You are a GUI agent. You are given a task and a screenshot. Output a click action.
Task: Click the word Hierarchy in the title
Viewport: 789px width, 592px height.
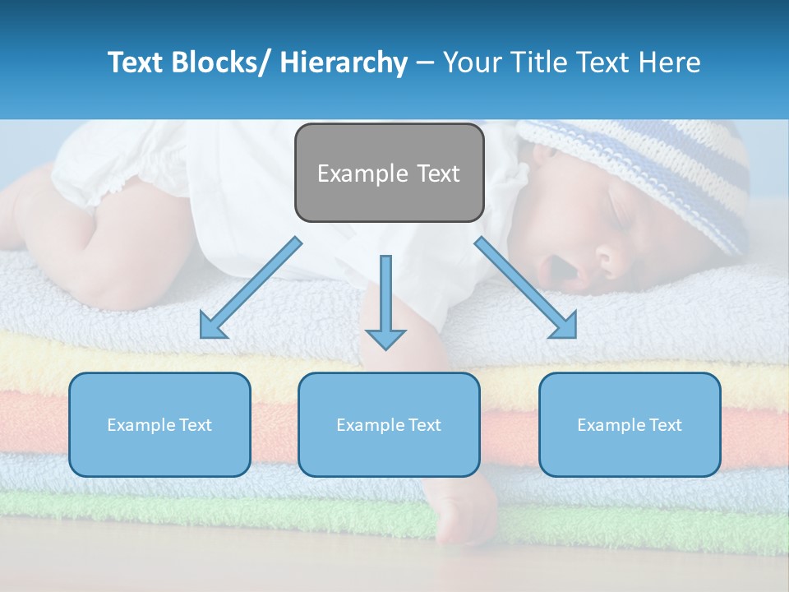(x=344, y=62)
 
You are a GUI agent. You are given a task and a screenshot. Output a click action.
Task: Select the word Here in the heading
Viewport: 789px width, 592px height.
(x=671, y=62)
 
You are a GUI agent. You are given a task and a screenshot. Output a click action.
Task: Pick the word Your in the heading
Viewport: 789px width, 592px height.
(x=473, y=62)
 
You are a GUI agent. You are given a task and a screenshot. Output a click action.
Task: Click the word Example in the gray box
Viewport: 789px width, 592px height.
(x=362, y=173)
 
